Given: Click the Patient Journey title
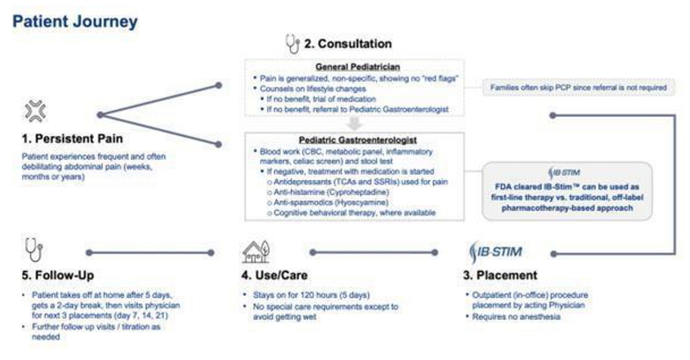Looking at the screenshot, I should pyautogui.click(x=75, y=22).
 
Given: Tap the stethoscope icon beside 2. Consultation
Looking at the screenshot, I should pyautogui.click(x=291, y=44).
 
